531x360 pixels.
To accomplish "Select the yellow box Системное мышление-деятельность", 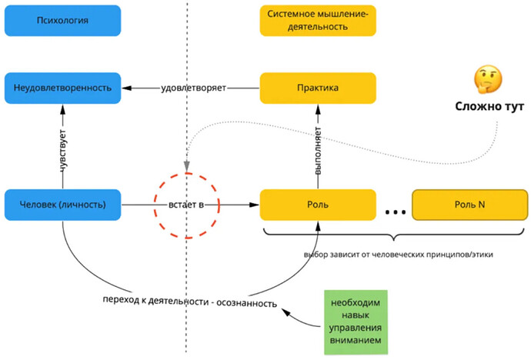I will (318, 20).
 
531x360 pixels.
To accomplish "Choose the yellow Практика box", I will (318, 88).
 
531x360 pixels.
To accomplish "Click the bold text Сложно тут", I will (489, 107).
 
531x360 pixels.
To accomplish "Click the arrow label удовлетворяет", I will (193, 88).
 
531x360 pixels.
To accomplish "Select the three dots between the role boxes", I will (394, 208).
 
